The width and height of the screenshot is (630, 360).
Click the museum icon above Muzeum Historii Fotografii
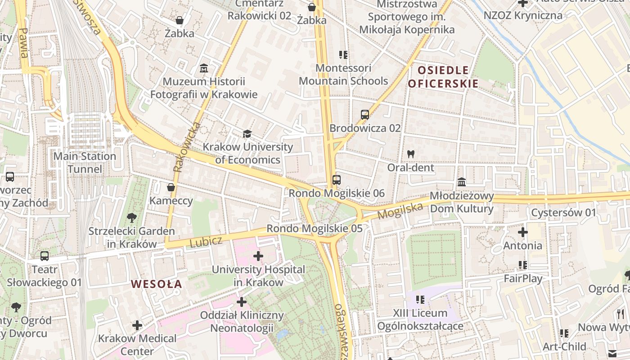[204, 69]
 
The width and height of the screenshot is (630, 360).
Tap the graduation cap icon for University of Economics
[247, 134]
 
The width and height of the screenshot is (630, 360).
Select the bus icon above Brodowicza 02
[365, 115]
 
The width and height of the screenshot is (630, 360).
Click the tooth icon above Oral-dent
[410, 154]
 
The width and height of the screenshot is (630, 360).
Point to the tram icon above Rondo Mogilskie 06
[336, 180]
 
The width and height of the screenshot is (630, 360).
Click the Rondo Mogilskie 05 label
[315, 229]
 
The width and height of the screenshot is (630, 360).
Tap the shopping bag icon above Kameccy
[171, 187]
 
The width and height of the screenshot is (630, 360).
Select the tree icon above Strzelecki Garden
[132, 218]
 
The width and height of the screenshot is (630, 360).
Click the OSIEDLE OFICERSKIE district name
[443, 77]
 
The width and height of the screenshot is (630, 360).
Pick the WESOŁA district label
[157, 284]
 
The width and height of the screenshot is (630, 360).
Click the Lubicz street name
[206, 242]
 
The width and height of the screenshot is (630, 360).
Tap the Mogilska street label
[400, 211]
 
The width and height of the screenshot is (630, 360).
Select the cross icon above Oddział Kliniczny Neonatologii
[242, 302]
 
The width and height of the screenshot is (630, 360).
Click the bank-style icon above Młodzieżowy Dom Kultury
[462, 182]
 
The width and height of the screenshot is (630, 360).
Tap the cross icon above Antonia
[522, 233]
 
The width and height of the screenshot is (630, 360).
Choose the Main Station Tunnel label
[85, 162]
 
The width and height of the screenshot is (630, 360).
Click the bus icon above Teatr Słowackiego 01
[44, 256]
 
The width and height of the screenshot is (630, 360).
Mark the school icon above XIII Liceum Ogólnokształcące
[420, 299]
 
